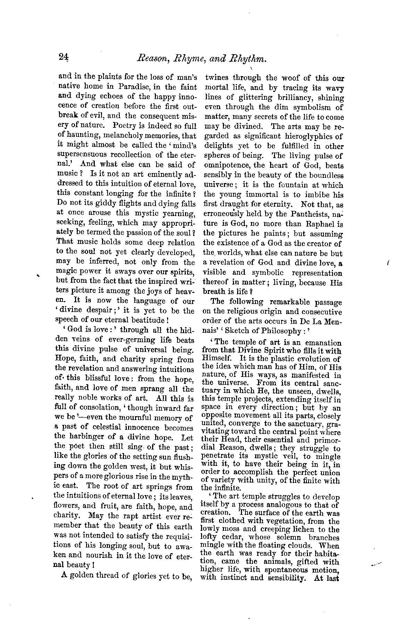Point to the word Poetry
tap(116, 125)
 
